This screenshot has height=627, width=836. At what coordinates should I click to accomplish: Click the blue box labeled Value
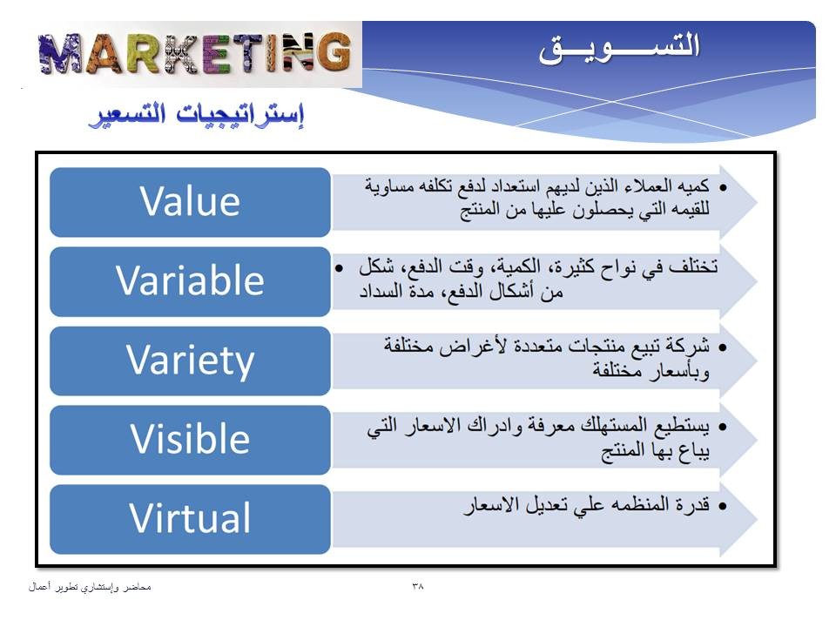[x=191, y=202]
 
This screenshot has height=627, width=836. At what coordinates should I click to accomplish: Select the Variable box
[x=191, y=281]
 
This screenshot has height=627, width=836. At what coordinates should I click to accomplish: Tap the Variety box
[x=191, y=361]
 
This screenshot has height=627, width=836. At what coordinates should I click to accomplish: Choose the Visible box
[x=191, y=440]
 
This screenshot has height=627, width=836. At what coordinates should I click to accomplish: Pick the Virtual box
[x=191, y=519]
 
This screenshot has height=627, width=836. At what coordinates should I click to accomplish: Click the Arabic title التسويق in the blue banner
[x=618, y=48]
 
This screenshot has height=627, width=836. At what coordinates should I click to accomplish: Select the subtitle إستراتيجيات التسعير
[x=197, y=115]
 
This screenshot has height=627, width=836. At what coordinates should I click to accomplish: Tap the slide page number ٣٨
[x=417, y=586]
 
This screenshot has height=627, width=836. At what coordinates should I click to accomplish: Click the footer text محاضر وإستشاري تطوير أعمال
[x=90, y=587]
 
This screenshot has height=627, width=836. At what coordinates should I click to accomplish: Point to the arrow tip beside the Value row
[x=757, y=201]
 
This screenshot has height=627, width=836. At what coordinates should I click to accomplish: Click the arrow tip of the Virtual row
[x=757, y=519]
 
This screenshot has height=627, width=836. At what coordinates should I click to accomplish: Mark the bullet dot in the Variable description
[x=339, y=267]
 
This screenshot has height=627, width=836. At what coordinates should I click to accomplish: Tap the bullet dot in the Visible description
[x=723, y=427]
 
